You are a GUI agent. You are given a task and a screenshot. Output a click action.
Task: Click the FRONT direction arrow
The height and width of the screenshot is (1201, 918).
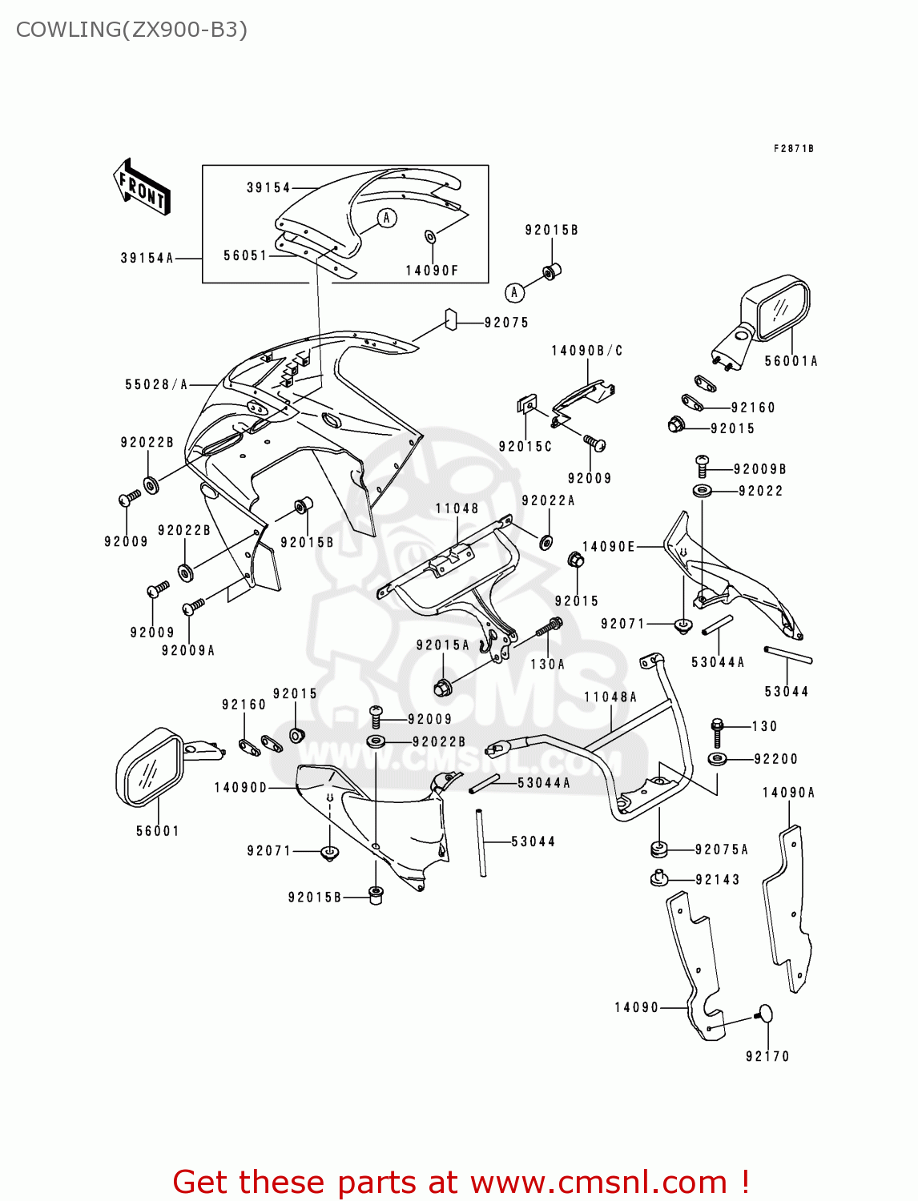coord(141,187)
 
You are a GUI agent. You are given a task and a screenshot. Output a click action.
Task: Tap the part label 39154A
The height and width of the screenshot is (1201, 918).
coord(147,258)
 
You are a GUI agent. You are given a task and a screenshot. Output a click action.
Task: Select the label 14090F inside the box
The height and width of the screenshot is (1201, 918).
coord(432,271)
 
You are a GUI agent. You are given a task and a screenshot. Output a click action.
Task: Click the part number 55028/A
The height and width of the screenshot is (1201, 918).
coord(156,384)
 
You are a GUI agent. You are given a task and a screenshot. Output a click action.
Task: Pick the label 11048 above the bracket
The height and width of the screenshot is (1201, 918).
coord(457,508)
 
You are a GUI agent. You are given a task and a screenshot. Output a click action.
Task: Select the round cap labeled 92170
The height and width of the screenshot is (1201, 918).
coord(764,1014)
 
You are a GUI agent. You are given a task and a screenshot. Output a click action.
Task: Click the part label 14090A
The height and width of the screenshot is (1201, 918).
coord(788,793)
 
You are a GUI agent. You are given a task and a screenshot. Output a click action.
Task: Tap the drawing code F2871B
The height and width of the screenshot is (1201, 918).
coord(793,148)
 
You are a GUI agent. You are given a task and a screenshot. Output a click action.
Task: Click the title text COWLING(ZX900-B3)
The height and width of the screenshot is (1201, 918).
coord(131,30)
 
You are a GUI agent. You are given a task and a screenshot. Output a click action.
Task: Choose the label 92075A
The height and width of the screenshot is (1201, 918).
coord(722,850)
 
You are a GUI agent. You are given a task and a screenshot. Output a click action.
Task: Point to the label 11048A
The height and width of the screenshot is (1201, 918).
coord(610,697)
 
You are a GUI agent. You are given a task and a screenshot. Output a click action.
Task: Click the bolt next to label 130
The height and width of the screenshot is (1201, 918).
coord(717,732)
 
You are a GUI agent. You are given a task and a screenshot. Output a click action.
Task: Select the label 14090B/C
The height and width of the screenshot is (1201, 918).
coord(586,351)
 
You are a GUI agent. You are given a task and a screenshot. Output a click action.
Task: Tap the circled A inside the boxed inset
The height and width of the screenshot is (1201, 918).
coord(387,218)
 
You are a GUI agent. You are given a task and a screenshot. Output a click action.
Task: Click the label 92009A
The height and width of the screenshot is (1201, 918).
coord(188,650)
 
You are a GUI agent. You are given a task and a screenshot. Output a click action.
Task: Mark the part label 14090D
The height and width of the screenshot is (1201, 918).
coord(240,788)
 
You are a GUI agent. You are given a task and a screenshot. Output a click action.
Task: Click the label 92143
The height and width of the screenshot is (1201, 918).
coord(718,879)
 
